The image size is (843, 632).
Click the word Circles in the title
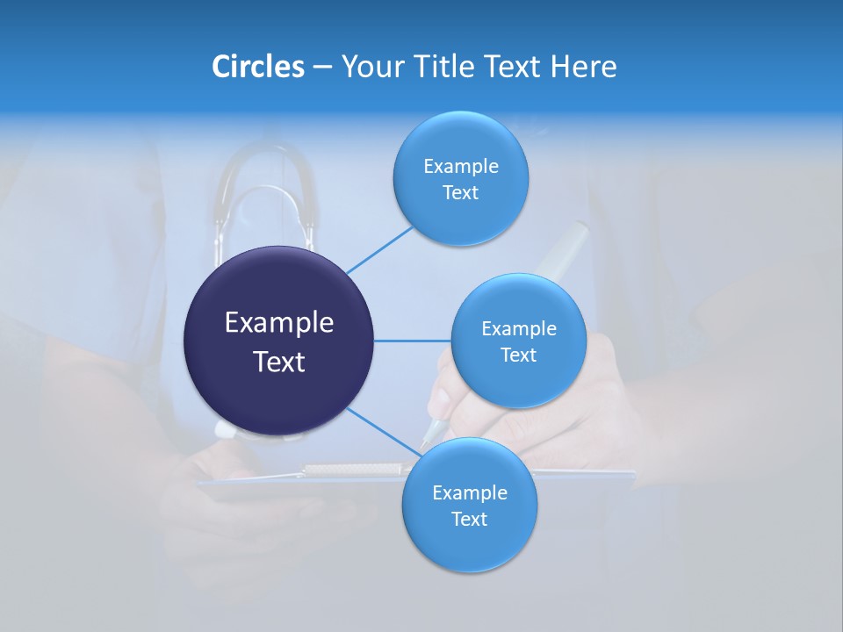point(257,67)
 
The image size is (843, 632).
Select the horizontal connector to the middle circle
point(412,341)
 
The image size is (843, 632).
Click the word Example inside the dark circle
point(279,323)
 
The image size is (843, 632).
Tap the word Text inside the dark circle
point(279,362)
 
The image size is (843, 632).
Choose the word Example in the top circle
point(461,167)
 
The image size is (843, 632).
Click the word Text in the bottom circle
point(469,520)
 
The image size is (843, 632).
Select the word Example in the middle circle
point(519,329)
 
